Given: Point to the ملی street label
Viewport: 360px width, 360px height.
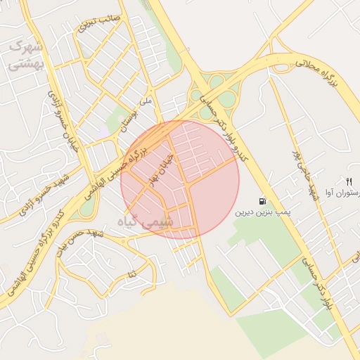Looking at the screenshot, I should (x=146, y=101).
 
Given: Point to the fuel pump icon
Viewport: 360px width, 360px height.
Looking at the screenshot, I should (x=262, y=200).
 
